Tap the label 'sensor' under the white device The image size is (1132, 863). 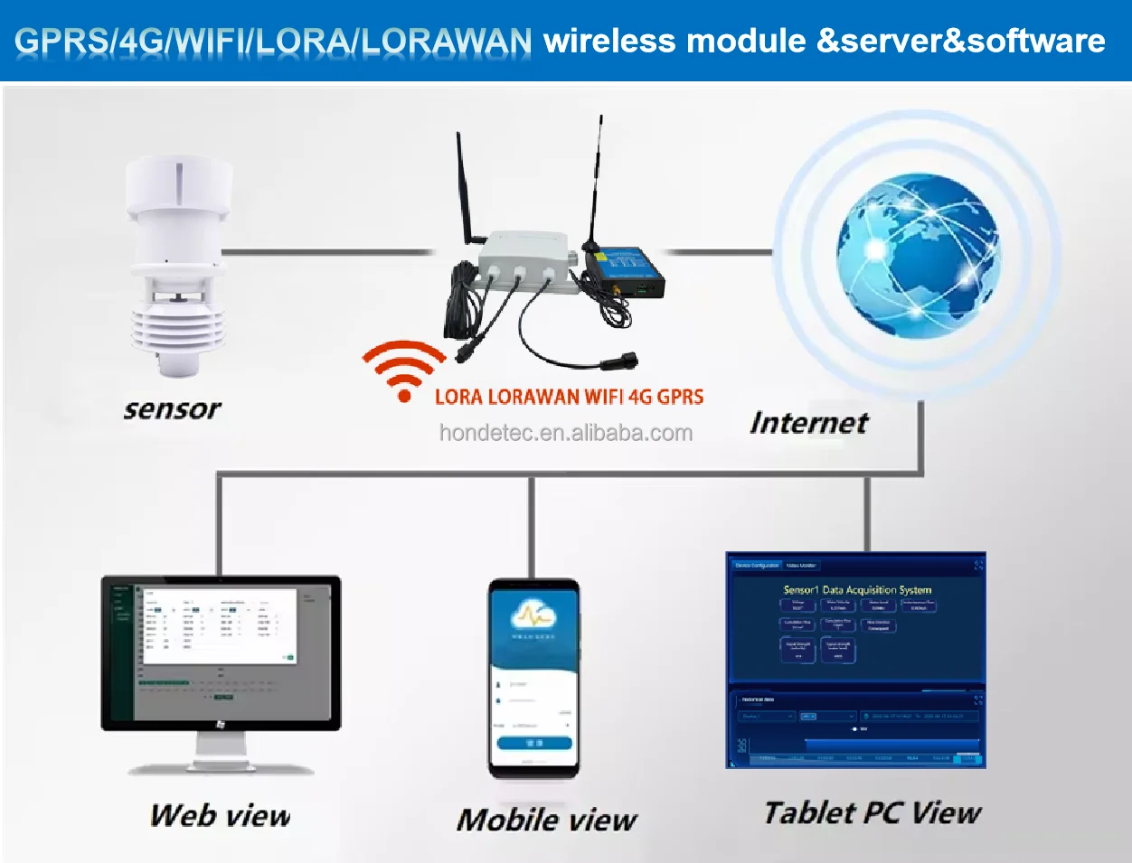coord(172,409)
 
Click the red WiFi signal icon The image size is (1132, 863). coord(403,370)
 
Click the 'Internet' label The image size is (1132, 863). coord(808,422)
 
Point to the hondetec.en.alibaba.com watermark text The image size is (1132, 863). coord(565,433)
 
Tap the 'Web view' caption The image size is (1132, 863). coord(220,815)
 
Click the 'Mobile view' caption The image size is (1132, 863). coord(546,820)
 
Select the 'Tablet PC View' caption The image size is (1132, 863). coord(872,812)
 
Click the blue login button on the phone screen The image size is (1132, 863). coord(533,743)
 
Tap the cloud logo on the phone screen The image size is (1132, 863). coord(533,616)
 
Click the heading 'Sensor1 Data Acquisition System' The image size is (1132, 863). coord(856,589)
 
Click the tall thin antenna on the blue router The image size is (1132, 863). coord(596,181)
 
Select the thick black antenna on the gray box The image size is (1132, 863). coord(467,190)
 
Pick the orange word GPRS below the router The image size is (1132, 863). coord(680,397)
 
